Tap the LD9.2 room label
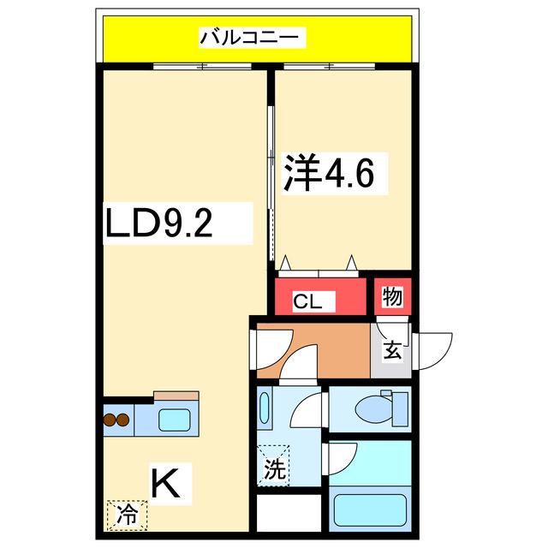(159, 223)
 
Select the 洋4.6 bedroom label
(329, 176)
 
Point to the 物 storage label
(393, 297)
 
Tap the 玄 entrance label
(391, 350)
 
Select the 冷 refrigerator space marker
(127, 515)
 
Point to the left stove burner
(110, 420)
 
